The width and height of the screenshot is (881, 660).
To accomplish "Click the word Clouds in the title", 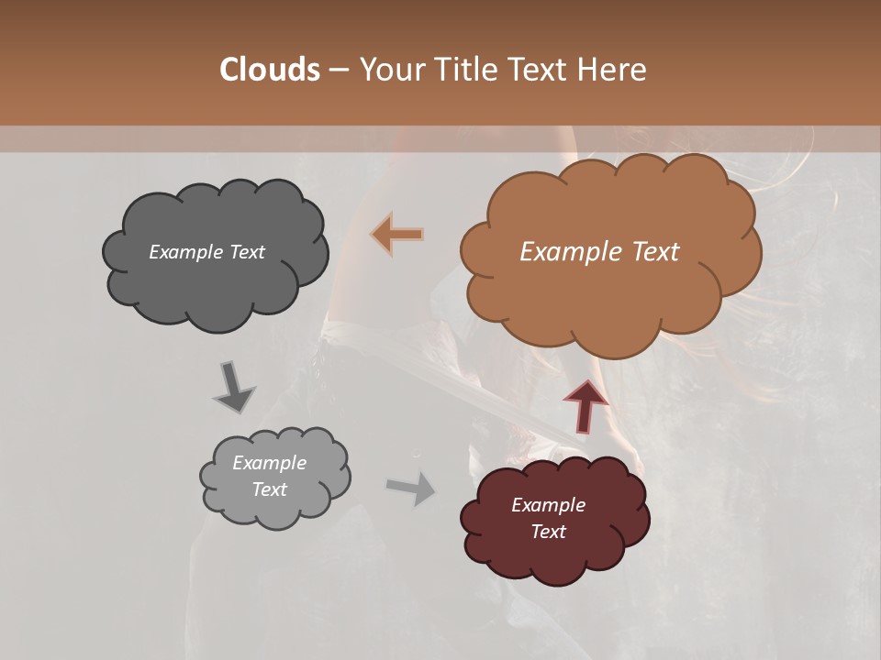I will click(x=270, y=70).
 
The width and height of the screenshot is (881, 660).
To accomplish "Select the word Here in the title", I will click(x=614, y=70).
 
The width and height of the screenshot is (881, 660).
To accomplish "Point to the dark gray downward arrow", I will click(x=233, y=386).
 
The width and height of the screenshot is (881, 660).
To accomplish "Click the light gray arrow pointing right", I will click(x=411, y=488).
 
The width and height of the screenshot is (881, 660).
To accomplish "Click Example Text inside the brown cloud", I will click(x=599, y=252).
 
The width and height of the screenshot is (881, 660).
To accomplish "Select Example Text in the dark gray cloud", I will click(x=206, y=252).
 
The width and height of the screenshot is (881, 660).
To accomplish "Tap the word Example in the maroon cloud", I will click(x=548, y=505).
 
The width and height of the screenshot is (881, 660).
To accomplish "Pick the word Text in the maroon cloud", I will click(x=548, y=532).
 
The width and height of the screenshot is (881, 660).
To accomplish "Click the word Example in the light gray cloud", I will click(x=269, y=463).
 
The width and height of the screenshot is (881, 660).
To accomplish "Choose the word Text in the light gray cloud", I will click(x=269, y=489).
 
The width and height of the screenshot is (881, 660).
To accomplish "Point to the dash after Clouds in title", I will click(x=338, y=70).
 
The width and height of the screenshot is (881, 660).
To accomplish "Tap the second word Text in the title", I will click(x=539, y=70).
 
